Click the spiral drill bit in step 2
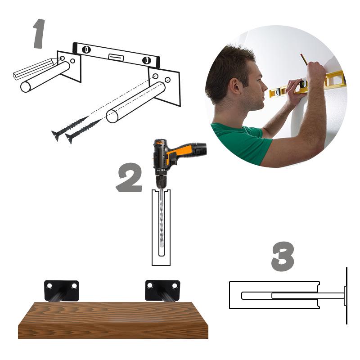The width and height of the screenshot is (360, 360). [x=161, y=225]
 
